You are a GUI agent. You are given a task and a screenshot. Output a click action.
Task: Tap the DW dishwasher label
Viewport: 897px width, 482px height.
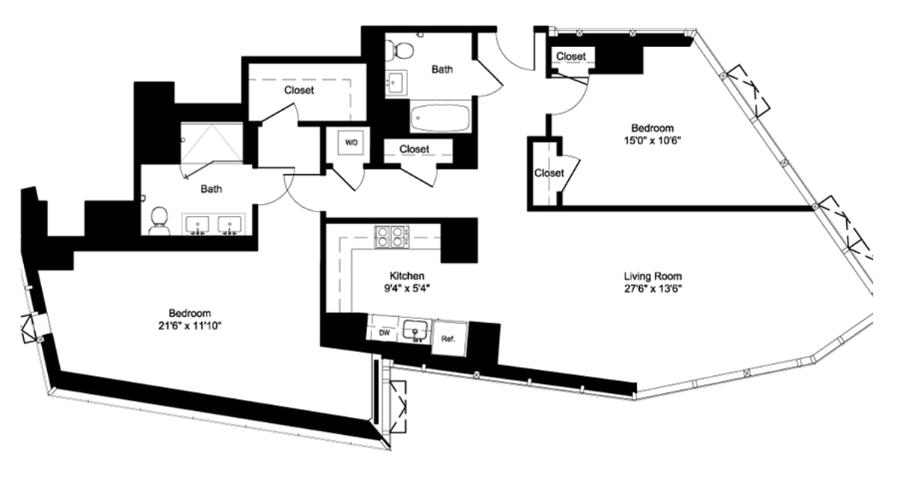click(384, 333)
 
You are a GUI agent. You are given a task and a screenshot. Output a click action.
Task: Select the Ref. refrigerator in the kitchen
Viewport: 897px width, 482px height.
click(449, 337)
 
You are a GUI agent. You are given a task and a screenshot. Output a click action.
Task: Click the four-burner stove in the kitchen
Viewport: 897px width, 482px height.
click(389, 236)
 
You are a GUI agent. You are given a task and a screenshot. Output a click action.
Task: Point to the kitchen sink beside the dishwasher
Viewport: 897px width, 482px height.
click(414, 330)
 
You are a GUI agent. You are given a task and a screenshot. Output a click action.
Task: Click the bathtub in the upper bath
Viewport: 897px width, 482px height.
click(440, 117)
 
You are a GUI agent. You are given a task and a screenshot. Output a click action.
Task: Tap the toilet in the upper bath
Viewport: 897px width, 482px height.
click(401, 50)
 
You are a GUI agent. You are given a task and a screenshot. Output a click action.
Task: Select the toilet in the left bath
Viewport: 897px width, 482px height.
click(158, 218)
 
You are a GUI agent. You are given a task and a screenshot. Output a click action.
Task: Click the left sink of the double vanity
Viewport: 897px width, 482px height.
click(198, 224)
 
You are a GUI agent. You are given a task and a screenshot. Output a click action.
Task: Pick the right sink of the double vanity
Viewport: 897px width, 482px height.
click(229, 224)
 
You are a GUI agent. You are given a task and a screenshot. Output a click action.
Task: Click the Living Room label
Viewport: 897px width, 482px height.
click(653, 276)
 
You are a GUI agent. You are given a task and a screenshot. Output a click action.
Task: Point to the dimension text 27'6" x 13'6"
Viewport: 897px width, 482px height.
click(653, 288)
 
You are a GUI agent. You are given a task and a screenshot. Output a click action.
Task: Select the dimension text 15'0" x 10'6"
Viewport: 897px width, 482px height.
click(653, 140)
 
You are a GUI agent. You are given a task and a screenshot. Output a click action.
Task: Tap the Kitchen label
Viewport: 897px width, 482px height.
click(407, 276)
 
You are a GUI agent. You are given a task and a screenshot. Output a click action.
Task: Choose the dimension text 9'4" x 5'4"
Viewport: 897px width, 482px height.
click(407, 288)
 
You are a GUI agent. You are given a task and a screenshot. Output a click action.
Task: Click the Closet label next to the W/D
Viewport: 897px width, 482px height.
click(414, 149)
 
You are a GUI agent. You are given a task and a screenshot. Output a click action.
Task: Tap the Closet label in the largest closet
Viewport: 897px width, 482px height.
click(299, 90)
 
